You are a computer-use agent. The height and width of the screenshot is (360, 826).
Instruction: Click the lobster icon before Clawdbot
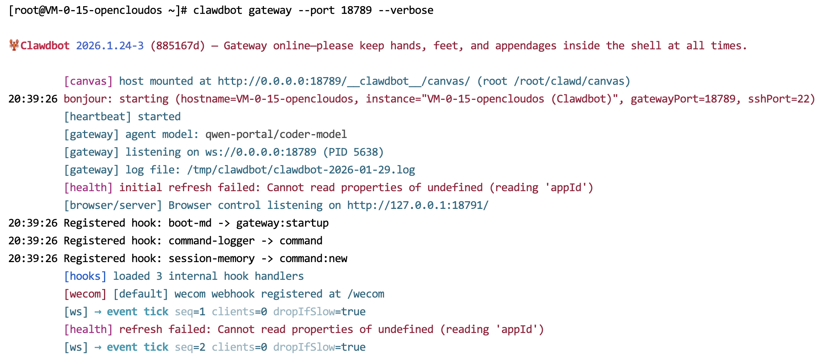[14, 45]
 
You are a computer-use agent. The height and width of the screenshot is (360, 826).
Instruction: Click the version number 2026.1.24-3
[110, 46]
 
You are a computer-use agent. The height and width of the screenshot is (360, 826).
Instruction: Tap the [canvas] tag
[88, 81]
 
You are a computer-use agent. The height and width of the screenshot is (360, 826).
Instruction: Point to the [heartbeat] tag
[97, 117]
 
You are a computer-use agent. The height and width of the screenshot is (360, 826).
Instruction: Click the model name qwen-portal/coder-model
[276, 135]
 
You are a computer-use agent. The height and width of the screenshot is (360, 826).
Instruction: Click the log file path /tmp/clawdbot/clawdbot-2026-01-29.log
[301, 170]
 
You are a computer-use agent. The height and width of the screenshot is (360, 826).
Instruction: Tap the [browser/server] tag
[113, 205]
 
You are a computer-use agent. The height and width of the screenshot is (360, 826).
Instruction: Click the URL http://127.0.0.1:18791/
[418, 205]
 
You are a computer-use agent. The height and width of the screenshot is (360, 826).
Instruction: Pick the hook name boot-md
[190, 223]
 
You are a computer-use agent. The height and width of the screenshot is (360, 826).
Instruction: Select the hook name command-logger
[212, 241]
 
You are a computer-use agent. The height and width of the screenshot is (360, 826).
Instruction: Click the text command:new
[313, 259]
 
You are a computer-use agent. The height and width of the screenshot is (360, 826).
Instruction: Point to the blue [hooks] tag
[85, 276]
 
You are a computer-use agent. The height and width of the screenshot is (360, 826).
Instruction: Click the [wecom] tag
[85, 294]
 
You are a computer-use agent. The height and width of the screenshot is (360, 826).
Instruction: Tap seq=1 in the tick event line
[190, 312]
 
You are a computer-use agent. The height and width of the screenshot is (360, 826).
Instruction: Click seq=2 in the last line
[190, 347]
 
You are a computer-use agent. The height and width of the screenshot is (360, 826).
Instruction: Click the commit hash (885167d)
[178, 46]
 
